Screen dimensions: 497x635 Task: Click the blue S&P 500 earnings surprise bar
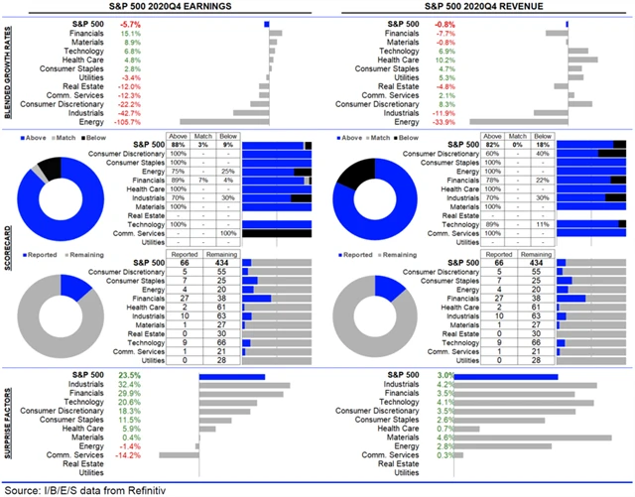pyautogui.click(x=232, y=376)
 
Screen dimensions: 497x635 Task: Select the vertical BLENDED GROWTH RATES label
pyautogui.click(x=7, y=69)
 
